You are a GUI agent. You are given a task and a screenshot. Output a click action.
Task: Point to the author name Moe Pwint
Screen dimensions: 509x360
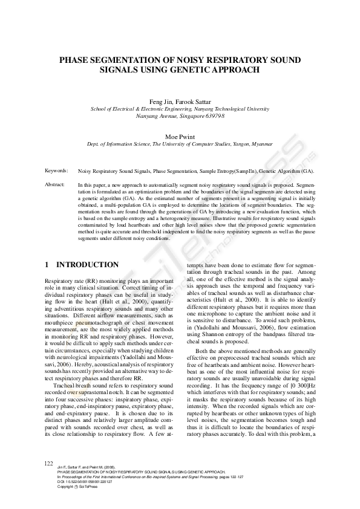pyautogui.click(x=180, y=137)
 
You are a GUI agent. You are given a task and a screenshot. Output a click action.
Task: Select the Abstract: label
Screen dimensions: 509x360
pyautogui.click(x=56, y=183)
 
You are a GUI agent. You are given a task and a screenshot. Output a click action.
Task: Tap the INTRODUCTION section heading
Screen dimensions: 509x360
pyautogui.click(x=87, y=265)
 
